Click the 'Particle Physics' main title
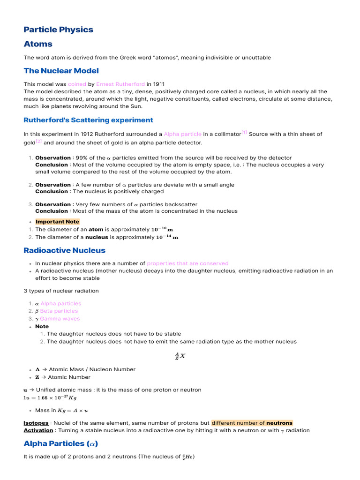59,30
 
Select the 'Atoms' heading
38,44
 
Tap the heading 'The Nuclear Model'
61,71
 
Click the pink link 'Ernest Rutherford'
120,84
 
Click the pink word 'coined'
77,84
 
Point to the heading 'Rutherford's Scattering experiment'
89,120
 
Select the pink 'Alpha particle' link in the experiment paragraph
182,134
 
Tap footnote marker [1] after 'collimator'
244,132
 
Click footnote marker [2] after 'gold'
39,141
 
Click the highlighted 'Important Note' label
57,222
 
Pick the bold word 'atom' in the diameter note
96,230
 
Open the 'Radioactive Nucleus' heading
65,250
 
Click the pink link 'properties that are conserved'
187,263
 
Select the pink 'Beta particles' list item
59,311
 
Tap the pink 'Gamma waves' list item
60,319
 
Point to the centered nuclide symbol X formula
180,356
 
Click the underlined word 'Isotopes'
36,423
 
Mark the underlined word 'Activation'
38,430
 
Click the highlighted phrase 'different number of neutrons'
252,423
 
